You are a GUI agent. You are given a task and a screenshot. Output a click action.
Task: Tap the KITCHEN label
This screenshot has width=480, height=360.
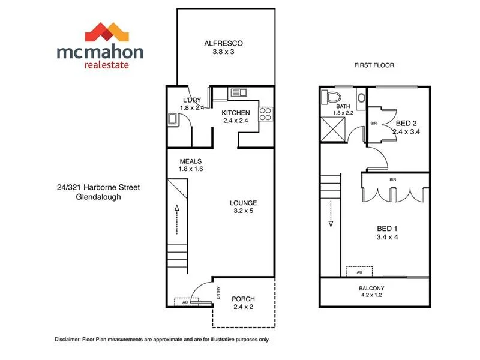click(x=236, y=113)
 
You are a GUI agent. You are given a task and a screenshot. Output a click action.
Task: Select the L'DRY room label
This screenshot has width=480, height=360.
click(x=192, y=100)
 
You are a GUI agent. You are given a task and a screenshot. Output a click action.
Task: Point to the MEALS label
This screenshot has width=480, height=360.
click(x=190, y=161)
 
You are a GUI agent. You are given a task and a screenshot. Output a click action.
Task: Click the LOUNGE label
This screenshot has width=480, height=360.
click(x=244, y=203)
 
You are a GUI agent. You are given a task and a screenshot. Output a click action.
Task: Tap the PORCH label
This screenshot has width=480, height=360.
click(x=243, y=299)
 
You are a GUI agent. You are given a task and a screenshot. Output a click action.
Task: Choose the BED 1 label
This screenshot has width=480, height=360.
click(x=388, y=229)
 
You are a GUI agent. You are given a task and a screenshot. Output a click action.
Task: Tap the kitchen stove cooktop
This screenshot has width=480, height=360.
click(x=265, y=113)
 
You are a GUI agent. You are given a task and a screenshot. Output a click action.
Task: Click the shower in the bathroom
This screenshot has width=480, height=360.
click(x=332, y=127)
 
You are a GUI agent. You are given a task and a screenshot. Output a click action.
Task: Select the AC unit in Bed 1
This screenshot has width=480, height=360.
click(x=359, y=272)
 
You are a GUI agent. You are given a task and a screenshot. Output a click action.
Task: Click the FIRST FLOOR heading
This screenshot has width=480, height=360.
click(x=374, y=65)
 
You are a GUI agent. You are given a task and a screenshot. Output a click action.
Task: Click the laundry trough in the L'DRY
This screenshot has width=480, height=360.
click(x=172, y=119)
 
